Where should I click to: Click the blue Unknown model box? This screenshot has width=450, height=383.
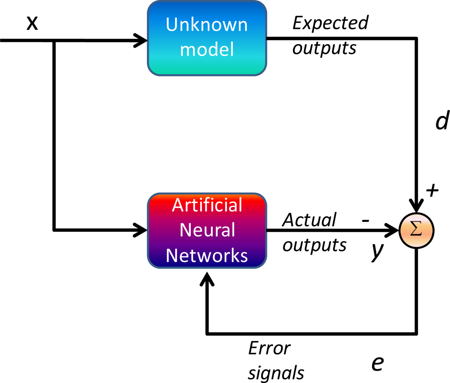pyautogui.click(x=207, y=38)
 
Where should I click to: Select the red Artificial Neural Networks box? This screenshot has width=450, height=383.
pyautogui.click(x=207, y=230)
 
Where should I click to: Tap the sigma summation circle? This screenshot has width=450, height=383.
pyautogui.click(x=416, y=230)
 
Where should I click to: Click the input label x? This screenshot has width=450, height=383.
pyautogui.click(x=32, y=23)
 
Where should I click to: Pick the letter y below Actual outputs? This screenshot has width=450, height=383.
pyautogui.click(x=377, y=252)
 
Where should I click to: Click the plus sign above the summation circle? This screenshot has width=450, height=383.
pyautogui.click(x=432, y=189)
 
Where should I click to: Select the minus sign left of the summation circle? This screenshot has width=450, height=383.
pyautogui.click(x=365, y=221)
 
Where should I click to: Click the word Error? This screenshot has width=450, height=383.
pyautogui.click(x=269, y=349)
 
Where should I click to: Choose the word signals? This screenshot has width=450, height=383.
pyautogui.click(x=276, y=372)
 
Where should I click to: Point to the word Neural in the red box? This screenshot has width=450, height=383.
pyautogui.click(x=207, y=230)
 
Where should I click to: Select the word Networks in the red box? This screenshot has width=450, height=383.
pyautogui.click(x=207, y=255)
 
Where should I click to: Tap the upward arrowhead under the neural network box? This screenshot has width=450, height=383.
pyautogui.click(x=207, y=279)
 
